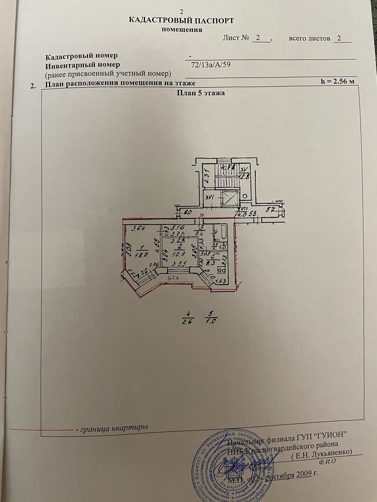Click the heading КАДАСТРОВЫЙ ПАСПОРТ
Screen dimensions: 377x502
pos(181,21)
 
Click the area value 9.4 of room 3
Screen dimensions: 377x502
pos(199,233)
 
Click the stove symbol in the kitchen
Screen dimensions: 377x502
pos(221,269)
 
